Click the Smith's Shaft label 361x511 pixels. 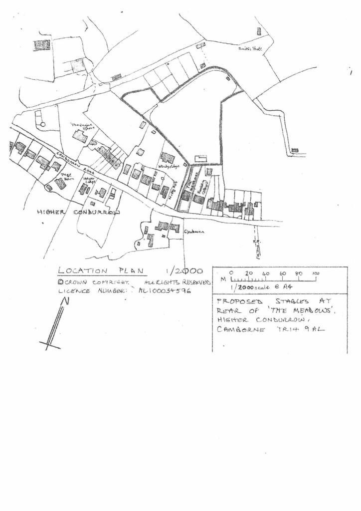tap(250, 49)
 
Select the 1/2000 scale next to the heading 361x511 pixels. tap(184, 271)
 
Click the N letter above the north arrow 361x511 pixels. tap(64, 301)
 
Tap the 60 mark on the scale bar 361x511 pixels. tap(282, 273)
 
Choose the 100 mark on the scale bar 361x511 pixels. tap(316, 273)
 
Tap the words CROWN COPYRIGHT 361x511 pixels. tap(94, 282)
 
